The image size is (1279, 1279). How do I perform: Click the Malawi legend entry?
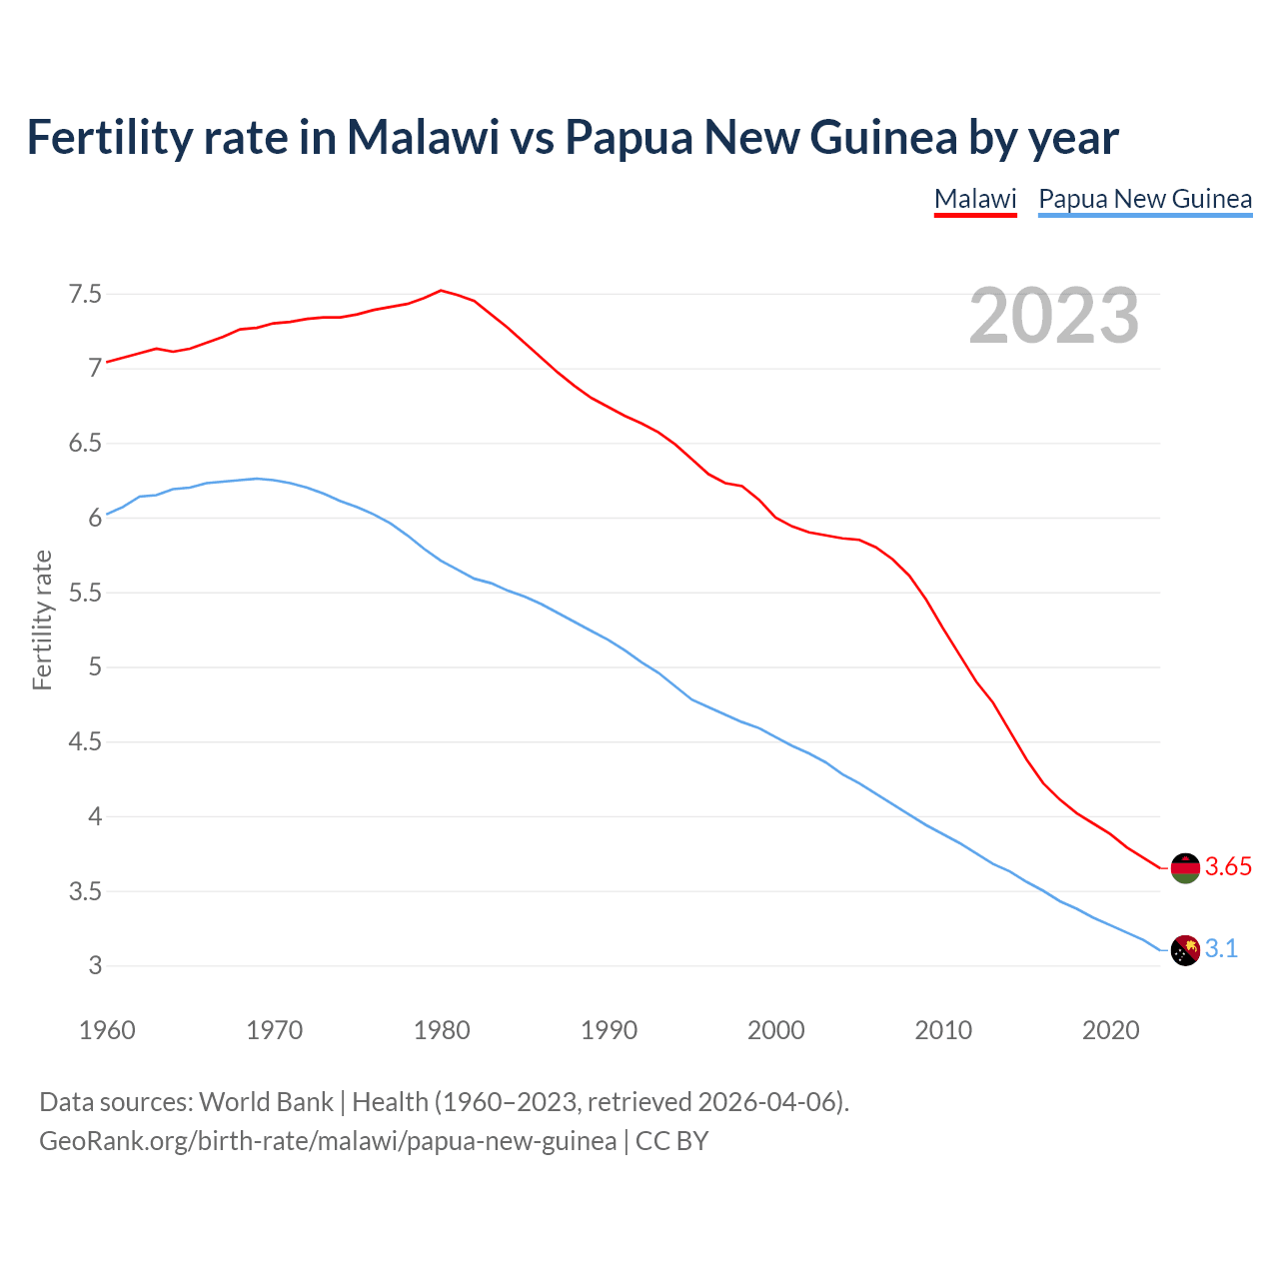(974, 199)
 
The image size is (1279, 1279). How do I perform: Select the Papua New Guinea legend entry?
(1145, 199)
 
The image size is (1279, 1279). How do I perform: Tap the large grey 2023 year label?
(1054, 316)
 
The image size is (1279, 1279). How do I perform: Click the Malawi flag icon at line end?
(1185, 867)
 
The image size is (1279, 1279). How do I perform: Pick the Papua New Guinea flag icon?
(1185, 949)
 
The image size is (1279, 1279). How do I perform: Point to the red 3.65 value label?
(1228, 867)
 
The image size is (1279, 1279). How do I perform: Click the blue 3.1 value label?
(1221, 949)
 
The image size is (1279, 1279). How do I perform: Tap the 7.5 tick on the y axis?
(85, 295)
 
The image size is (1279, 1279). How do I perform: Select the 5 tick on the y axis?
(95, 667)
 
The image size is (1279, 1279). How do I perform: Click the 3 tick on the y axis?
(95, 966)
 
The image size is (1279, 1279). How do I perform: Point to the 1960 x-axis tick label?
(107, 1030)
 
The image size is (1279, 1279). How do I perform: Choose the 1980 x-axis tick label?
(442, 1030)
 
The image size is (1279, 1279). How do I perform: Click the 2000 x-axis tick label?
(776, 1030)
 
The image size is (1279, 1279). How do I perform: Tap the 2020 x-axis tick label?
(1110, 1030)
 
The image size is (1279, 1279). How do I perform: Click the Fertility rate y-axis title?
(42, 620)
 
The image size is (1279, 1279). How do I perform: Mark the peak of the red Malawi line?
(442, 291)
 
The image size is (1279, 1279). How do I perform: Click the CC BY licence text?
(671, 1141)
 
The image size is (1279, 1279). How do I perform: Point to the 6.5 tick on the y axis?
(85, 444)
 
